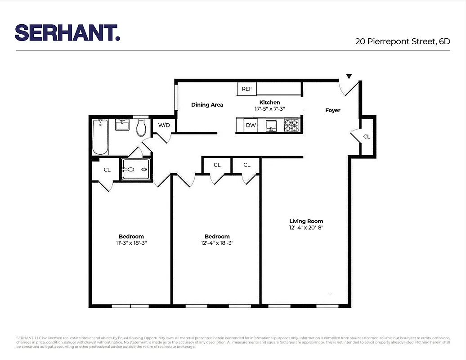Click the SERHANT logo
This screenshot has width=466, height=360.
point(67,32)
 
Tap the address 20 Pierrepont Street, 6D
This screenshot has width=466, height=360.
point(402,41)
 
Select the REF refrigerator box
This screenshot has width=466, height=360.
point(246,89)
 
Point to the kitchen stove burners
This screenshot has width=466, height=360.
point(291,125)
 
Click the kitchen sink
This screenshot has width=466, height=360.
point(271,125)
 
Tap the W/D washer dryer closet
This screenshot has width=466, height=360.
point(164,125)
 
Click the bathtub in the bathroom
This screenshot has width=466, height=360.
point(100,137)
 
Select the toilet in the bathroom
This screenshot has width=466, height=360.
point(141,128)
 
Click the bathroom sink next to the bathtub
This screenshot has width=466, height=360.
point(122,125)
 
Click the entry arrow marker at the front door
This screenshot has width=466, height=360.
point(349,77)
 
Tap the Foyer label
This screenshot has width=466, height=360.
point(333,110)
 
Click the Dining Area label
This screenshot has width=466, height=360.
point(207,105)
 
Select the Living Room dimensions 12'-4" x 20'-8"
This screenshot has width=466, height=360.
point(306,228)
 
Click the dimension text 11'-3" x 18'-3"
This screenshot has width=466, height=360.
point(131,243)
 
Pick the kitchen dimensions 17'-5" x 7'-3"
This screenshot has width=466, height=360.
point(269,109)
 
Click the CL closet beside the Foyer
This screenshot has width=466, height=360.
point(367,136)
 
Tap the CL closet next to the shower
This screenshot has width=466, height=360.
point(107,170)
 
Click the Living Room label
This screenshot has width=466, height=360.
point(306,221)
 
